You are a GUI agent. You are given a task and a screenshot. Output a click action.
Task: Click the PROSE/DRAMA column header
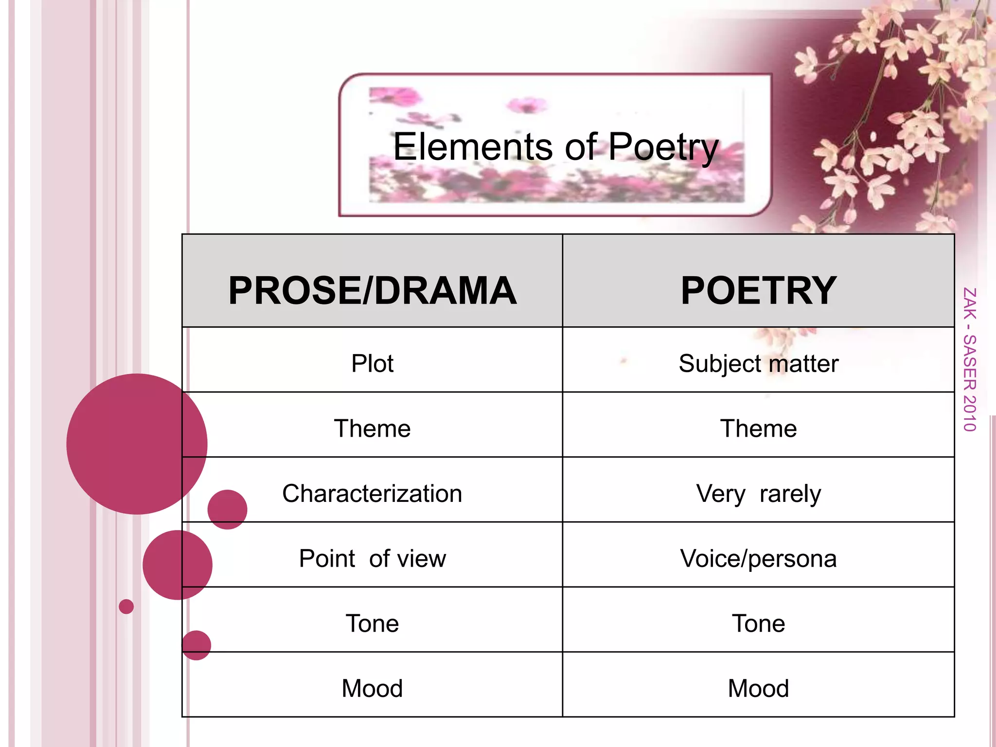373,290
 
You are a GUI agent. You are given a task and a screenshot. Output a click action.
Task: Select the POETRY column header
758,290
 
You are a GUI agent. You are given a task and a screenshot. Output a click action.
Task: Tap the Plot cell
373,363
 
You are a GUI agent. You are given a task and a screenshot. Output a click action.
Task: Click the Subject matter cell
758,363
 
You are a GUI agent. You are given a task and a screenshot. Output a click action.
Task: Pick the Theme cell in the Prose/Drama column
373,428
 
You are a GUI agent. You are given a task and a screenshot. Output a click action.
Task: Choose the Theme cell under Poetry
758,428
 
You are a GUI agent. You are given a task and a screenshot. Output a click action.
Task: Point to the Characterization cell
373,494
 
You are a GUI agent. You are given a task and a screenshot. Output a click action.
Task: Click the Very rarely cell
758,494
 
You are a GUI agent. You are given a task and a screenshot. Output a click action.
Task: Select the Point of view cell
373,558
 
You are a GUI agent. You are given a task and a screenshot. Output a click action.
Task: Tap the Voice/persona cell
758,558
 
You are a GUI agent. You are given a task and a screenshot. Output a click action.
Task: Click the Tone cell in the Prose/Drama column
373,623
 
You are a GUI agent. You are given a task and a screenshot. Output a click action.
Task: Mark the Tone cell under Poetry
758,623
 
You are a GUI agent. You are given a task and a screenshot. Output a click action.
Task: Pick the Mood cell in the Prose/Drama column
373,688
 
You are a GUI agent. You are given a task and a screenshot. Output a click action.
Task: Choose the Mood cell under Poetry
758,688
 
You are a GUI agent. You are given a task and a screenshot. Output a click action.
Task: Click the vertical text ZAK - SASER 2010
970,359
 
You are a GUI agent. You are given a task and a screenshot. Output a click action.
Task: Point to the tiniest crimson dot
126,606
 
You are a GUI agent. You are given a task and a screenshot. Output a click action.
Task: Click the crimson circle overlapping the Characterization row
227,509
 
